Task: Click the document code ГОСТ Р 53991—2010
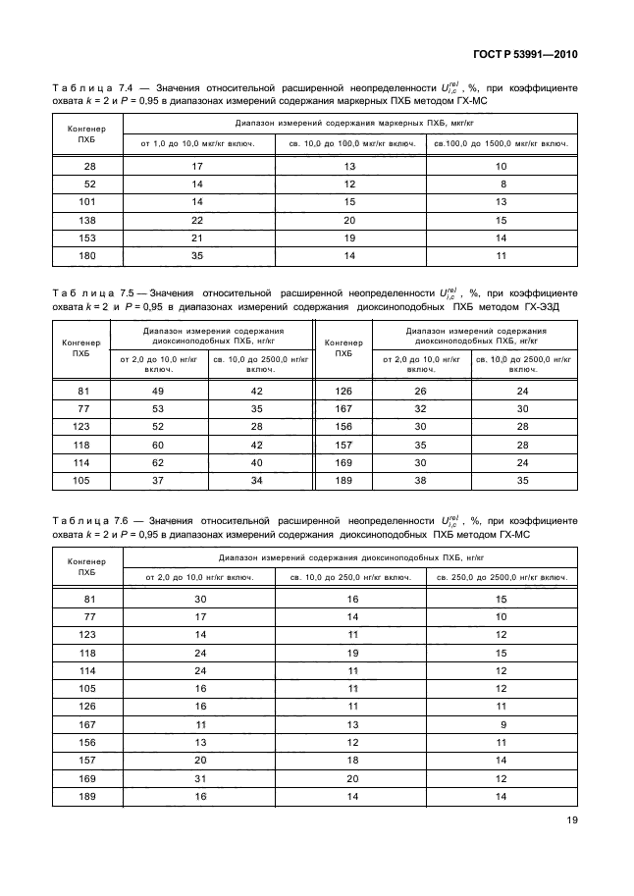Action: tap(524, 55)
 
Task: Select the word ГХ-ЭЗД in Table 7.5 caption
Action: tap(551, 307)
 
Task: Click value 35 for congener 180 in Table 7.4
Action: tap(196, 255)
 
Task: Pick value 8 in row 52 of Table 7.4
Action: tap(502, 184)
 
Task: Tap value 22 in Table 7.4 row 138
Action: tap(196, 220)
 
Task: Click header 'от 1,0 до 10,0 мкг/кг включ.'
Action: tap(196, 144)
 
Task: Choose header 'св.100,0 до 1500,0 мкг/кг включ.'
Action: tap(502, 144)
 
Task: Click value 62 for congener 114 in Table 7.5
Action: tap(158, 462)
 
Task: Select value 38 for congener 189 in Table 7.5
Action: tap(420, 480)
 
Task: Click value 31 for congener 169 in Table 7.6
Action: tap(200, 779)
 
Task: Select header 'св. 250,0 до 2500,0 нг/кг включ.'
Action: tap(502, 577)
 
